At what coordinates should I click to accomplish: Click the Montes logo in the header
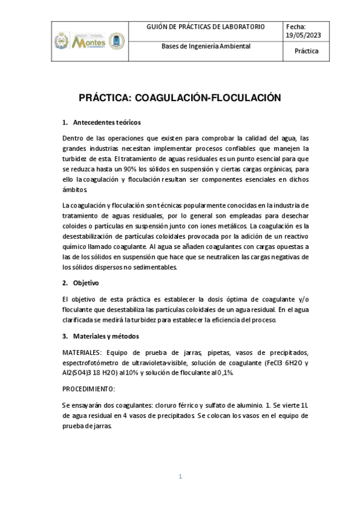[88, 42]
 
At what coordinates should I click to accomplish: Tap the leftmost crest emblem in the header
[61, 41]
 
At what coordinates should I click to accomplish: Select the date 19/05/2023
[304, 35]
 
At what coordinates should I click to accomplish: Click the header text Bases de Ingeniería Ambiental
[206, 46]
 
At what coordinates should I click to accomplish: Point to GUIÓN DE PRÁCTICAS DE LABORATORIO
[206, 27]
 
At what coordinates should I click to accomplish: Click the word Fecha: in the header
[296, 27]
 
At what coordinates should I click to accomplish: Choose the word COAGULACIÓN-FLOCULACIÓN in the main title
[207, 97]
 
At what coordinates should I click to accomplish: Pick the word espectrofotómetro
[93, 363]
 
